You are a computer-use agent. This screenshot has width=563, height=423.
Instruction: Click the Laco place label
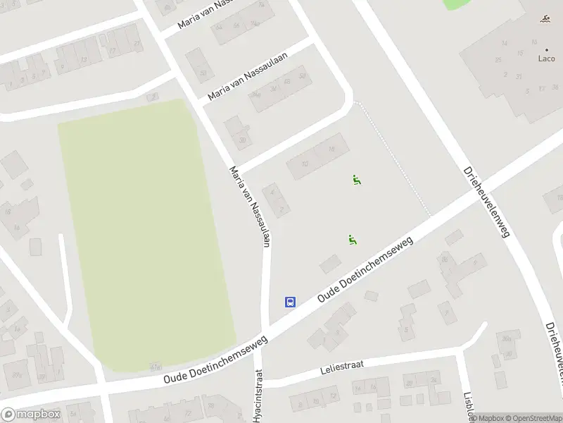[x=546, y=59]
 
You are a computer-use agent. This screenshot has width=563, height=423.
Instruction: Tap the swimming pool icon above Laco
[x=546, y=19]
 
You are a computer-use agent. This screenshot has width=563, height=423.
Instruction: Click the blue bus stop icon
[x=289, y=302]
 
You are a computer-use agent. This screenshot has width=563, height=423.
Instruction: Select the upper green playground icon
[x=357, y=180]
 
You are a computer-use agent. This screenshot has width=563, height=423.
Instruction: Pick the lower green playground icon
[x=352, y=240]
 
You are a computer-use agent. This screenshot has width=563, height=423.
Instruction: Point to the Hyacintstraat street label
[x=258, y=396]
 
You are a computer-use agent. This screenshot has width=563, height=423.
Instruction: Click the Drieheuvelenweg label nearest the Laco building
[x=486, y=202]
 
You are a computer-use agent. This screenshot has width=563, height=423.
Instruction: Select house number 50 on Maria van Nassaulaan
[x=303, y=76]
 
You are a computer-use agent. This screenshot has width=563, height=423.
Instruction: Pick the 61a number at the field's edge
[x=156, y=367]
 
